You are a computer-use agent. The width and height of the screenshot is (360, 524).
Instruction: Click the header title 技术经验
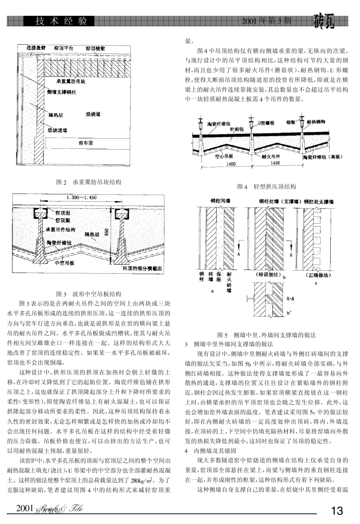[61, 21]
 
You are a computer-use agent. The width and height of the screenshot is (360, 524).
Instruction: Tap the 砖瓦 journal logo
[324, 22]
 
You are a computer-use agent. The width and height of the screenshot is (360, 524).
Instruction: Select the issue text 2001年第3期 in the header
[267, 20]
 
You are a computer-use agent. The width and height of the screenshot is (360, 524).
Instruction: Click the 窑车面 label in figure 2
[86, 143]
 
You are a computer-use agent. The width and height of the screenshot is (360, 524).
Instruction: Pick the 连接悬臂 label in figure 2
[36, 48]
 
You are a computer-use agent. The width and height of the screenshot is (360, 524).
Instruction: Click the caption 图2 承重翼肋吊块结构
[89, 182]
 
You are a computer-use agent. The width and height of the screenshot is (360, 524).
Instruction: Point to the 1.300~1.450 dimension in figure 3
[81, 198]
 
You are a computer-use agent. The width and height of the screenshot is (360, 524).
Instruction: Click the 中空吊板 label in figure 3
[64, 262]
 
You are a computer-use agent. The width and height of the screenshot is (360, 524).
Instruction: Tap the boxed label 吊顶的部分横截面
[142, 268]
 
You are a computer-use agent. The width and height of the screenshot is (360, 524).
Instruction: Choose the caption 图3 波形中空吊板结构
[89, 294]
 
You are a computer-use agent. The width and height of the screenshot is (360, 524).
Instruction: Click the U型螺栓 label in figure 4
[266, 123]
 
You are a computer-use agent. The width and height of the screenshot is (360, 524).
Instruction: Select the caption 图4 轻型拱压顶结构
[266, 186]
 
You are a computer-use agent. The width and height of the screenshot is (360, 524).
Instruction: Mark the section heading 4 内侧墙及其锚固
[210, 451]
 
